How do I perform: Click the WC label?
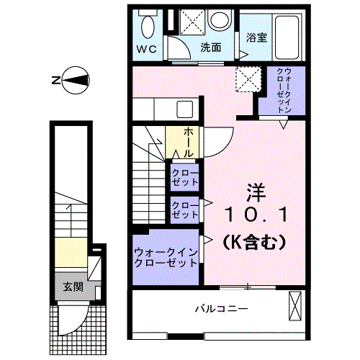click(x=147, y=50)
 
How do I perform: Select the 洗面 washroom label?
click(x=210, y=48)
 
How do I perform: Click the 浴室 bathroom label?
click(x=256, y=37)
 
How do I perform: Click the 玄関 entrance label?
click(x=73, y=287)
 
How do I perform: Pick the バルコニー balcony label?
click(x=222, y=309)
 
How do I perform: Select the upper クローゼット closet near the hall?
click(x=185, y=178)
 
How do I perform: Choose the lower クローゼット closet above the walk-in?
click(x=185, y=211)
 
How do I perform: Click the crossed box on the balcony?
click(x=294, y=306)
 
